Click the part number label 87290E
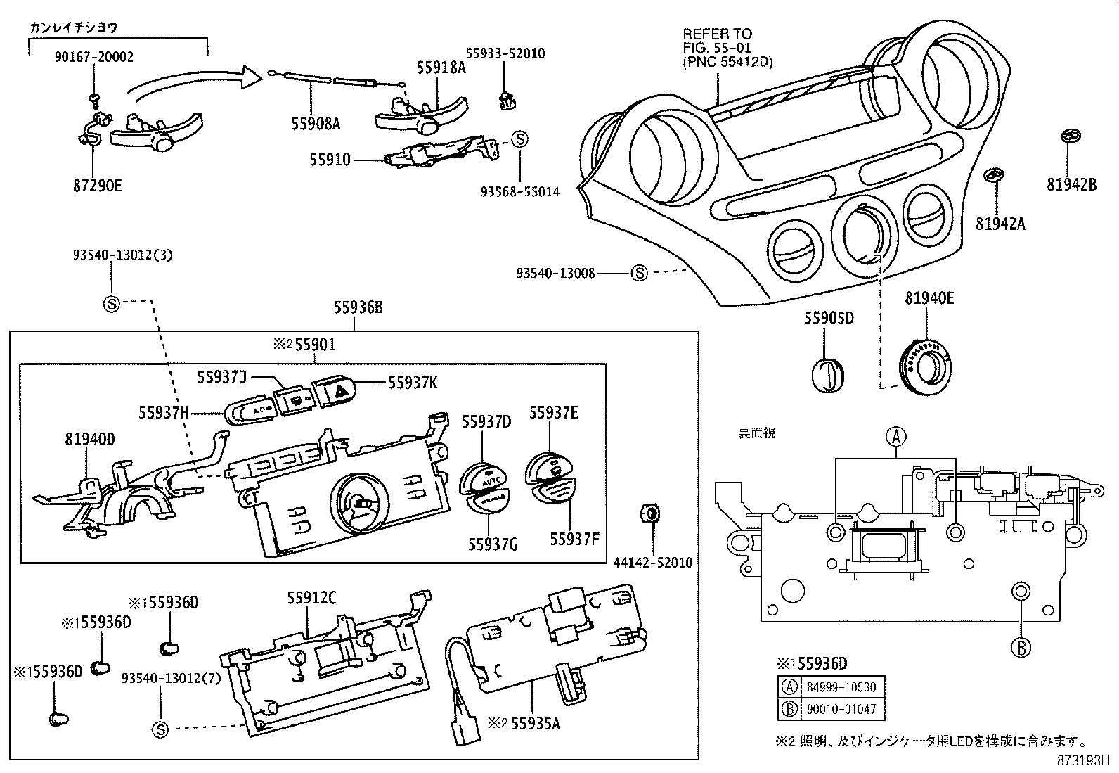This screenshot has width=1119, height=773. [x=97, y=186]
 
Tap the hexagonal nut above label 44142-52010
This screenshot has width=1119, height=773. [x=651, y=513]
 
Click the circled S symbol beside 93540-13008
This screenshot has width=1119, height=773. [x=639, y=273]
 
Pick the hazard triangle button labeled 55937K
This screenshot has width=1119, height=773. [x=334, y=391]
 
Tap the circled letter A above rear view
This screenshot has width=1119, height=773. [x=896, y=437]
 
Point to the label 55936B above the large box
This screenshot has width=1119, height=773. [x=358, y=307]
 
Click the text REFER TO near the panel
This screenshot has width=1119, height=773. [x=717, y=34]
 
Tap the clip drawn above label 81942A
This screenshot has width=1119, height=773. [x=993, y=175]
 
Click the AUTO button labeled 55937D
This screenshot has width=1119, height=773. [x=482, y=478]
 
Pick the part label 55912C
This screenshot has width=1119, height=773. [x=311, y=599]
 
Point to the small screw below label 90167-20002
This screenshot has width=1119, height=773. [x=94, y=96]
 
